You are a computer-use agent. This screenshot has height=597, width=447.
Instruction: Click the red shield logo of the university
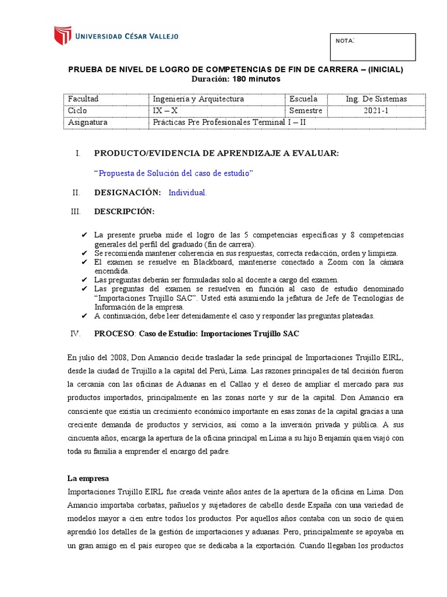coord(63,36)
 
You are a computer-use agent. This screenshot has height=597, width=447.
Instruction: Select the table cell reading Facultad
coord(83,99)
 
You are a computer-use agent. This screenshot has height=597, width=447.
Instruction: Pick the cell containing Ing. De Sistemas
coord(376,99)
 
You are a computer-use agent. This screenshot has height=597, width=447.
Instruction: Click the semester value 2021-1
coord(376,111)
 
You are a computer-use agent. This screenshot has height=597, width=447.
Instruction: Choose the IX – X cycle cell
coord(165,111)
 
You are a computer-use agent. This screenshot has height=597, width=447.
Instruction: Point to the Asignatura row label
coord(88,122)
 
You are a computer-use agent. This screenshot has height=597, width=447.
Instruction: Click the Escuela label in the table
coord(303,99)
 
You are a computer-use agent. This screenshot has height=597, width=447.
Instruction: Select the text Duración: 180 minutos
coord(236,79)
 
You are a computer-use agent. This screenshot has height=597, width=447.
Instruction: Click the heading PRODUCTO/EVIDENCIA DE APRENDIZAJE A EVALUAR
coord(216,153)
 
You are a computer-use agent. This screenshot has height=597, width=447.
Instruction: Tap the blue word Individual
coord(187,192)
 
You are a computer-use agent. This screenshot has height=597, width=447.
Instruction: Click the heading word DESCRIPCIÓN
coord(125,211)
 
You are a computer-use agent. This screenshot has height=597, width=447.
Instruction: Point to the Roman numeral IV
coord(74,333)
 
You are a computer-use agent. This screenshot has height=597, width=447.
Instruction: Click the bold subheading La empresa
coord(88,478)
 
